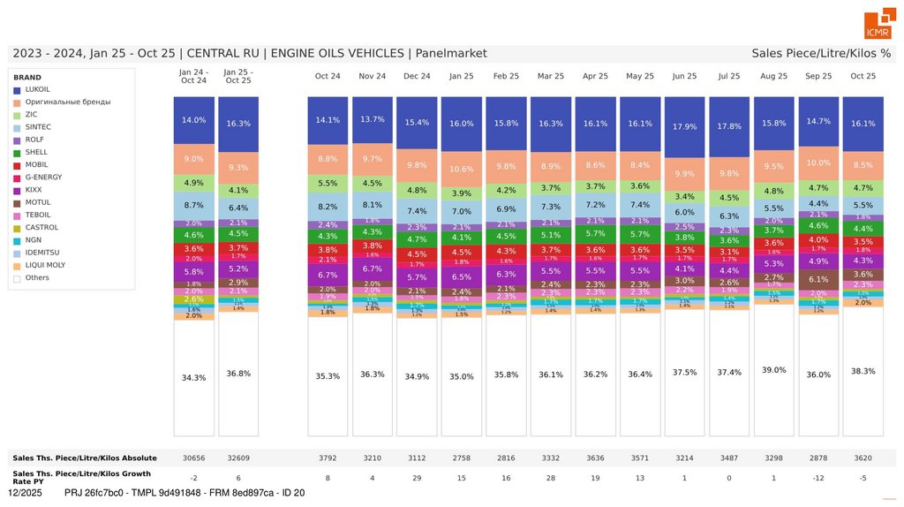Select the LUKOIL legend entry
point(37,89)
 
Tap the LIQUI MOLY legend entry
point(43,265)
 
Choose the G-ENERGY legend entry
point(43,178)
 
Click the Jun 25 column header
point(684,76)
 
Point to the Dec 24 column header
point(417,76)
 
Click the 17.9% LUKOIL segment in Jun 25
point(684,126)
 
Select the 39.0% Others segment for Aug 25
point(773,370)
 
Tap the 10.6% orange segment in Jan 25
point(462,169)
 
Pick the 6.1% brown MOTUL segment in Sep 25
point(818,279)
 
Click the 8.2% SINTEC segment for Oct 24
point(328,207)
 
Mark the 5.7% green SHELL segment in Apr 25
point(595,233)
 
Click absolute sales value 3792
point(328,458)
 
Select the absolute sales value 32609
point(238,458)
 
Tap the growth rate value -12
point(818,478)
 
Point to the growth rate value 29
point(417,478)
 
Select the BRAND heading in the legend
point(27,77)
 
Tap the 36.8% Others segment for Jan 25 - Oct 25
point(238,373)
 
